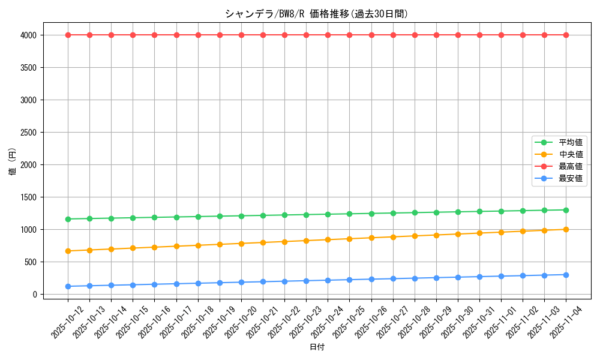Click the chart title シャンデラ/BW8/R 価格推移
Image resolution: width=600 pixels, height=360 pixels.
(x=317, y=14)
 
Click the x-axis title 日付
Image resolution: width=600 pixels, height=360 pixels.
(x=317, y=347)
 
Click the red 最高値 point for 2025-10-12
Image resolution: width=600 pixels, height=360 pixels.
(x=68, y=35)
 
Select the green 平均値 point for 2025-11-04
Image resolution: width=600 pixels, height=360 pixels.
(x=566, y=210)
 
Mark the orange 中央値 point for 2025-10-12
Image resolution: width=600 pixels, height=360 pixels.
(x=68, y=251)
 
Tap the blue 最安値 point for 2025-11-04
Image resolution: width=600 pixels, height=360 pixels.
(x=566, y=275)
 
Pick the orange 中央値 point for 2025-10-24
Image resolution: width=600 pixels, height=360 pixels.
(x=328, y=239)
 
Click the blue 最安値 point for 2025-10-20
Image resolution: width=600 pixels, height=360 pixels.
(x=241, y=282)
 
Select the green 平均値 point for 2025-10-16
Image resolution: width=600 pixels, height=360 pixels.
(x=154, y=217)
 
